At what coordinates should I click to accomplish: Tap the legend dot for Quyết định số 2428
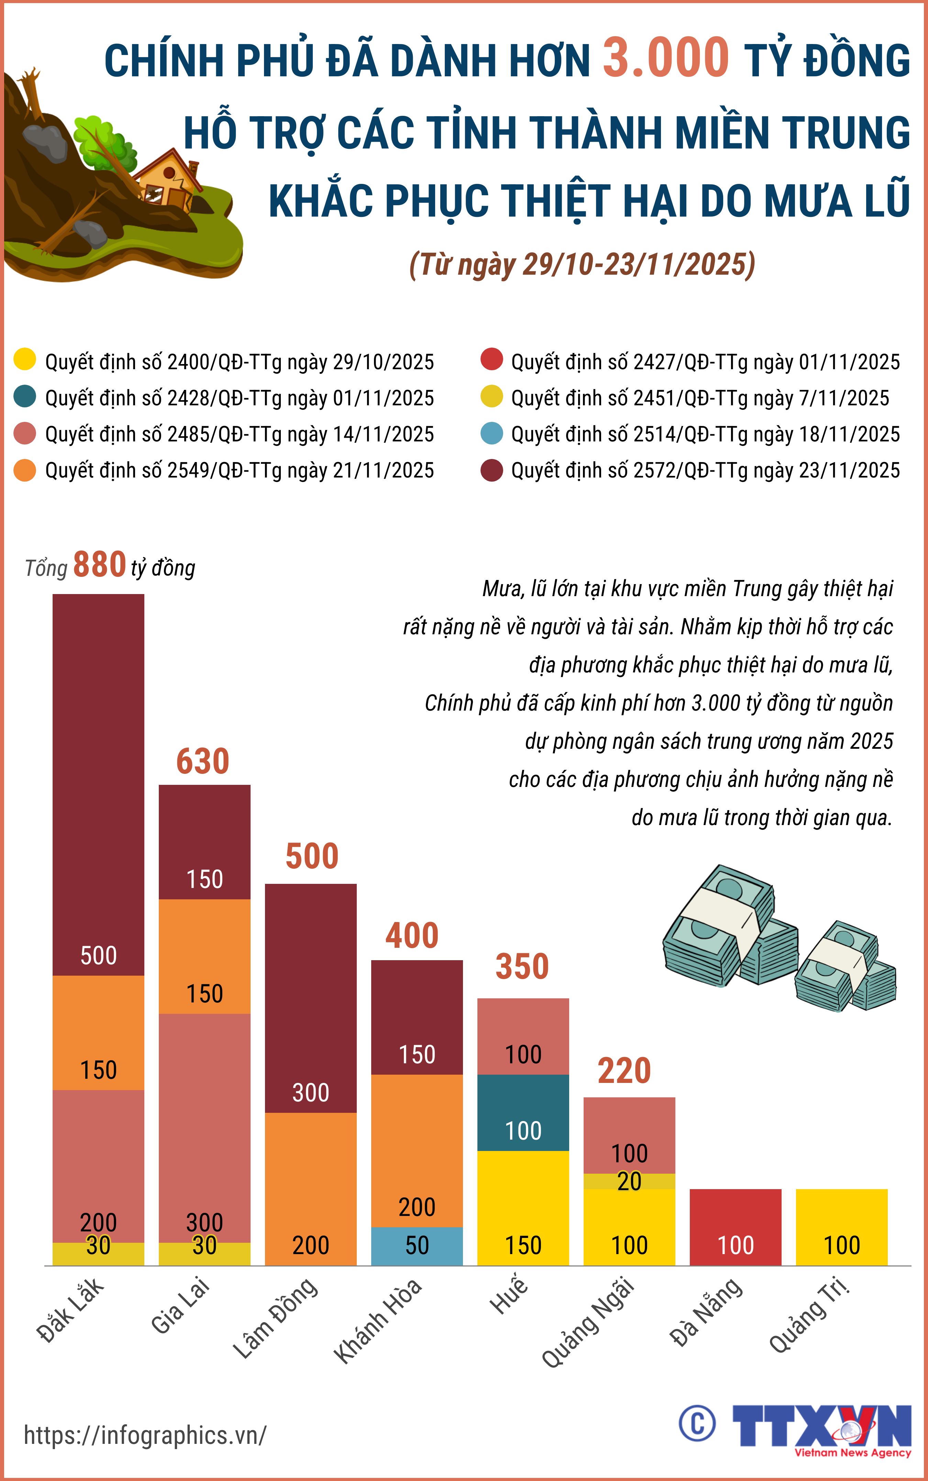24,397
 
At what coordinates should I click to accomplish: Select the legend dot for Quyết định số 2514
491,433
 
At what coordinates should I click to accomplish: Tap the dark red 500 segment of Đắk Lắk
98,786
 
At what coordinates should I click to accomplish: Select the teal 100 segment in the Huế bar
523,1112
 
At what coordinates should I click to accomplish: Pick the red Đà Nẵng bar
735,1228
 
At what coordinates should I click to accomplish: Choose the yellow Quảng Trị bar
841,1228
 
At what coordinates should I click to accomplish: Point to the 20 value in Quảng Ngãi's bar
629,1181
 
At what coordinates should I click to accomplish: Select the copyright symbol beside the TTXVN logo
697,1423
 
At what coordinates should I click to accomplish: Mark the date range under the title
582,264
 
